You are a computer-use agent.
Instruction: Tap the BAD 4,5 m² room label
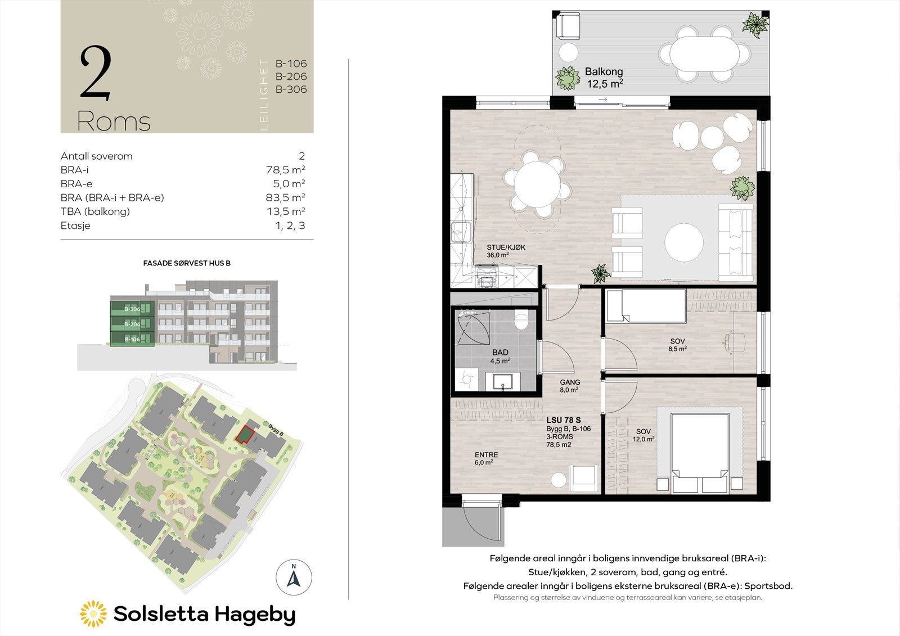click(x=500, y=357)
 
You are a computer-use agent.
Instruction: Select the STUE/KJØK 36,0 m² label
click(x=498, y=251)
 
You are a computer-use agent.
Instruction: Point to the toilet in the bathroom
click(x=521, y=321)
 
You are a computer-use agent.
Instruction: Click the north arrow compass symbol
click(x=294, y=578)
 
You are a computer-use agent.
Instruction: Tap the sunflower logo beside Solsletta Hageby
click(x=93, y=614)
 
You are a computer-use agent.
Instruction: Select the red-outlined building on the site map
click(x=244, y=435)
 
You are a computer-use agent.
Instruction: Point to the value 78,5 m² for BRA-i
click(x=285, y=170)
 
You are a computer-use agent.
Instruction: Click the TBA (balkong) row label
click(x=95, y=211)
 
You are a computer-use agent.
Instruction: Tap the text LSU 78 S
click(x=564, y=420)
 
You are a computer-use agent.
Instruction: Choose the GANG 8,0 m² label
click(x=570, y=386)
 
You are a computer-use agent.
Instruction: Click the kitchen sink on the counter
click(x=460, y=231)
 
